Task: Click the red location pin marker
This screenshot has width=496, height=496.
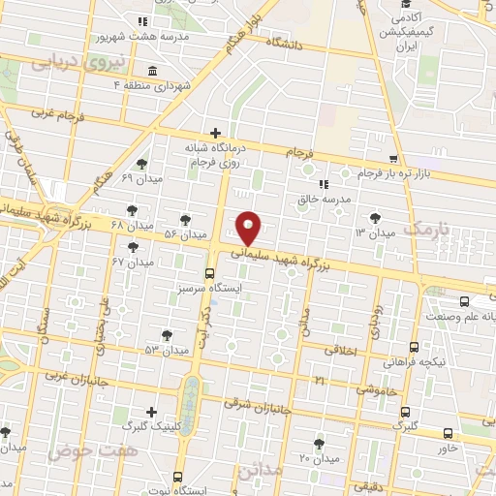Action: pos(249,227)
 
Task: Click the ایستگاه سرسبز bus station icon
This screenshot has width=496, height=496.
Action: pos(210,272)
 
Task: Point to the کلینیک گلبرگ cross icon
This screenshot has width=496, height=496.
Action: pos(150,412)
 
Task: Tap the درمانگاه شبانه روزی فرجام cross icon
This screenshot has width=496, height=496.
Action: pos(215,133)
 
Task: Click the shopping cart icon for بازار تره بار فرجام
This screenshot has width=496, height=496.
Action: pos(392,158)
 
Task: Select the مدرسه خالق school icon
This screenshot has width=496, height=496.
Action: pos(323,183)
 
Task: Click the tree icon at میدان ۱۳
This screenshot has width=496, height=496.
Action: pos(375,218)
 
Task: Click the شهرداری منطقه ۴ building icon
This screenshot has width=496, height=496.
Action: pos(152,70)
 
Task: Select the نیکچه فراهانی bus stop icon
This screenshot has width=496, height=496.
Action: pos(414,347)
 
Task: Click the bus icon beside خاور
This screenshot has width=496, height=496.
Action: pos(447,433)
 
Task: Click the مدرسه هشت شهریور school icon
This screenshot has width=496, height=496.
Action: pos(142,21)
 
